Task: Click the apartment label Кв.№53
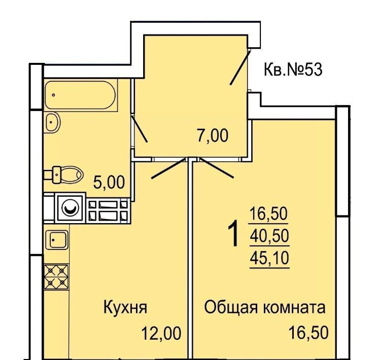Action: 293,69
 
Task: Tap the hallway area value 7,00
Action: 213,136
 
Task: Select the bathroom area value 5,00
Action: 109,183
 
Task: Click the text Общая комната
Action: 265,307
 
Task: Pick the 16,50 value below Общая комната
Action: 309,333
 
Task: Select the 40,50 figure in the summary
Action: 269,236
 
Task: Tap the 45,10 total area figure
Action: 269,258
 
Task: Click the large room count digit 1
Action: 233,233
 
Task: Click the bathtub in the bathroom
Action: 80,95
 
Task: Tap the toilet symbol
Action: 64,175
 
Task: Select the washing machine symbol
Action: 70,208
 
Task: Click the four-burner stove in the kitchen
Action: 56,277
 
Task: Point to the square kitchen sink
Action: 57,240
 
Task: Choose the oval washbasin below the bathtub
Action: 52,122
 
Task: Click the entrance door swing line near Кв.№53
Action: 240,67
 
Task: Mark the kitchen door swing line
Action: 168,168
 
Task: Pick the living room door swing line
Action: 217,168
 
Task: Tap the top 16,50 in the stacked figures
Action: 268,213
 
